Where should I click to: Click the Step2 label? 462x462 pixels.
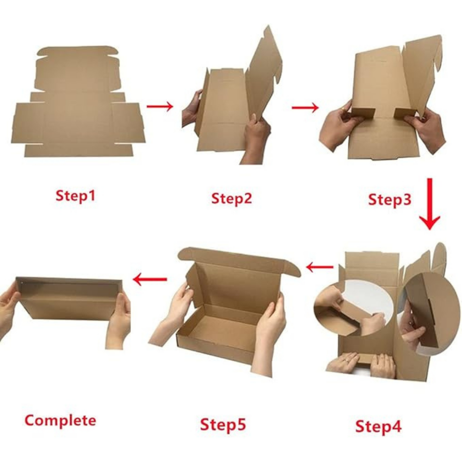click(x=231, y=199)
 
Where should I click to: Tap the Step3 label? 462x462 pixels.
click(x=390, y=200)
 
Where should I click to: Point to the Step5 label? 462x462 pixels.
click(x=223, y=424)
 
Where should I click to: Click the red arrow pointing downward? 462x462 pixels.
click(x=429, y=204)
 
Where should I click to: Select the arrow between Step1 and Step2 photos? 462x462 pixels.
click(x=160, y=106)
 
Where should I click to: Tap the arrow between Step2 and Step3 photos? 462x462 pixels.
click(x=305, y=107)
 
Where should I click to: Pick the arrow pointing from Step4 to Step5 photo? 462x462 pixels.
click(x=320, y=267)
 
